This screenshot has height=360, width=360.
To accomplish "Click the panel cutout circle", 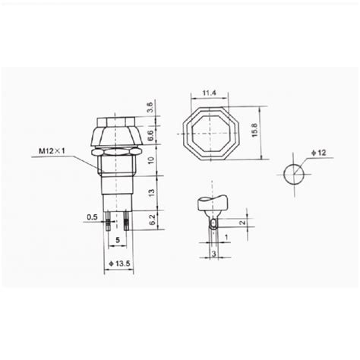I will pyautogui.click(x=294, y=174).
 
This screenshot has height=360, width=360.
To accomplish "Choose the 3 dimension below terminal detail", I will pyautogui.click(x=216, y=253).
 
